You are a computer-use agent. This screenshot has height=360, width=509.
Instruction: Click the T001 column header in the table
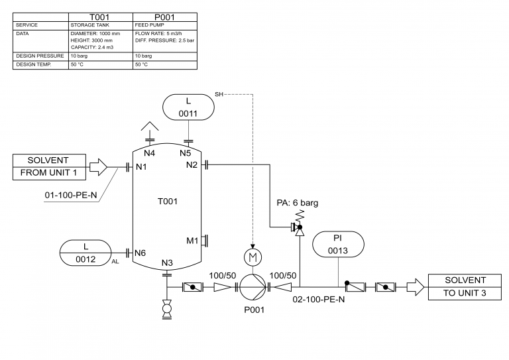coord(100,17)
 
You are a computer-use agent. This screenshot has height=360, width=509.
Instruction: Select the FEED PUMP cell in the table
coord(148,25)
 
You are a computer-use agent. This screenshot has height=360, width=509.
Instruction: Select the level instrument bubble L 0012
coord(86,253)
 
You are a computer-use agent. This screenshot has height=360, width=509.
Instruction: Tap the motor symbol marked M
coord(253,256)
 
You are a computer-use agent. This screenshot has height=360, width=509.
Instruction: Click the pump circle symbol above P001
coord(253,287)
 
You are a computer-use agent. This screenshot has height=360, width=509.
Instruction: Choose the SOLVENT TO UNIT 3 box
coord(465,287)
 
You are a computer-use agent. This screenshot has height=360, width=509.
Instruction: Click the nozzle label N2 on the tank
coord(192,164)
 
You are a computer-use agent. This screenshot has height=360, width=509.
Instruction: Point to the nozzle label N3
coord(167,263)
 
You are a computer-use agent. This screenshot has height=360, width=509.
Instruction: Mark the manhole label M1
coord(192,240)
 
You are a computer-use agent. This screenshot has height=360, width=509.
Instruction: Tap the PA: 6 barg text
coord(297,203)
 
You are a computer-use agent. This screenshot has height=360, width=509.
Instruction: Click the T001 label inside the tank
coord(167,201)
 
